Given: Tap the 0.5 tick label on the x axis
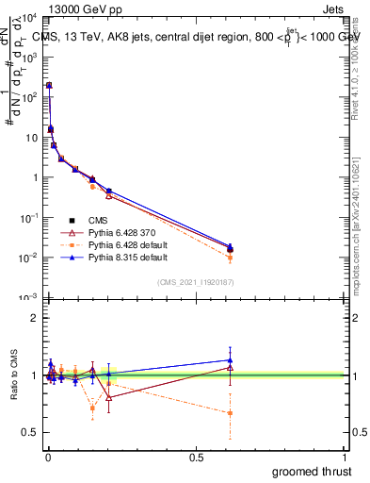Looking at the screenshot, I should point(196,458).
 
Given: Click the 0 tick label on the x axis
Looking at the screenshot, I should point(49,458).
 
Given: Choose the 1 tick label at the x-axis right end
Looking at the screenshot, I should point(345,458).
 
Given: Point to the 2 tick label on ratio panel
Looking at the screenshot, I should point(33,317).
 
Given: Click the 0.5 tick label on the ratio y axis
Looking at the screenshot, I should point(28,434).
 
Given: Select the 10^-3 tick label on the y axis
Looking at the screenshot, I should point(28,298).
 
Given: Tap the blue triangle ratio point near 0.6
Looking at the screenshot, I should point(231,359).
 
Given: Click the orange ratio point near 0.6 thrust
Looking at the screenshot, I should point(231,413).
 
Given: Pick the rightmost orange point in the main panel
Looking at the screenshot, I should point(231,257).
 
